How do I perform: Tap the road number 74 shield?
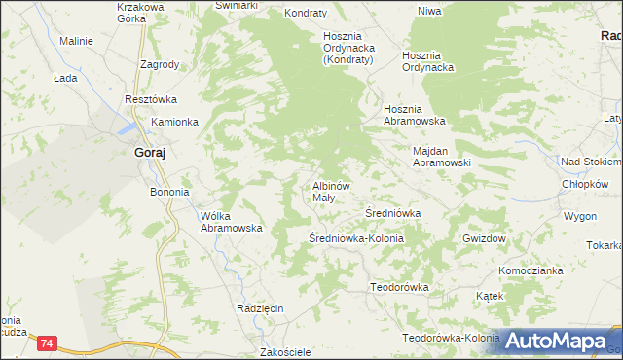[x=47, y=343]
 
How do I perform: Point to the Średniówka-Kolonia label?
[x=355, y=237]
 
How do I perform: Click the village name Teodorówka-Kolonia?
[x=451, y=338]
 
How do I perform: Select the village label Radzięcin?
[x=259, y=308]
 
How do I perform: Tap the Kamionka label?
[x=174, y=122]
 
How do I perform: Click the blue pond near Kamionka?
[x=128, y=127]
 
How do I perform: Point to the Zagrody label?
[x=159, y=65]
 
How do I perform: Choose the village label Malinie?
[x=76, y=42]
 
